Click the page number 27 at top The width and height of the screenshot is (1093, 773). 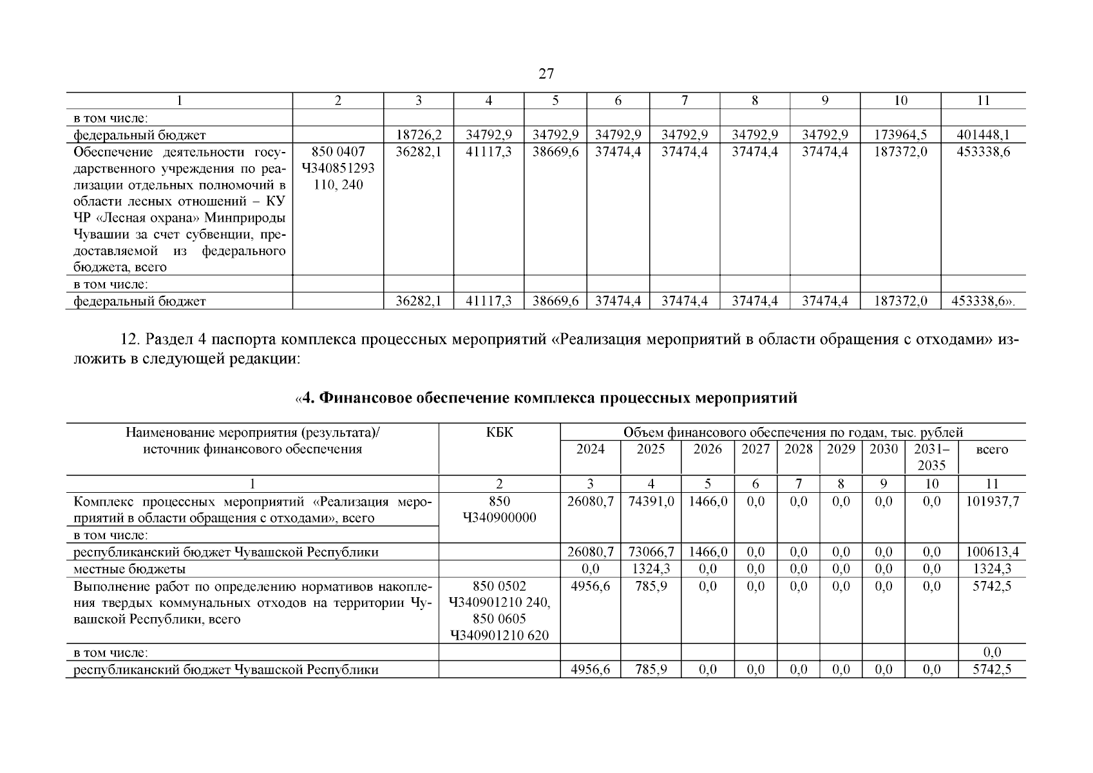coord(546,74)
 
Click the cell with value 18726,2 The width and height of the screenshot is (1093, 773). coord(419,135)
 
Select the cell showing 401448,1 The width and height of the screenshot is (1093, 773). coord(983,135)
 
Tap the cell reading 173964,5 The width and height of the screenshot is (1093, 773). coord(900,135)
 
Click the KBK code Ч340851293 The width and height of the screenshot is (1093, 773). coord(337,169)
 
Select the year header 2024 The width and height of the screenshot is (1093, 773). coord(590,450)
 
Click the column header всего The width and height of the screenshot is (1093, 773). coord(992,450)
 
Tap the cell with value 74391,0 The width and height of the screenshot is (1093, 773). coord(651,502)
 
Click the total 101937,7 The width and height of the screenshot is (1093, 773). coord(992,502)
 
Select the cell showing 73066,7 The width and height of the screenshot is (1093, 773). coord(651,552)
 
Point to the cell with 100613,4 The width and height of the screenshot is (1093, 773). coord(992,552)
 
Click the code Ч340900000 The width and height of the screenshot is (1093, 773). coord(500,519)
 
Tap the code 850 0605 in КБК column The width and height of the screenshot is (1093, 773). coord(500,620)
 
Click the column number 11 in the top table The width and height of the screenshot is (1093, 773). coord(983,100)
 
